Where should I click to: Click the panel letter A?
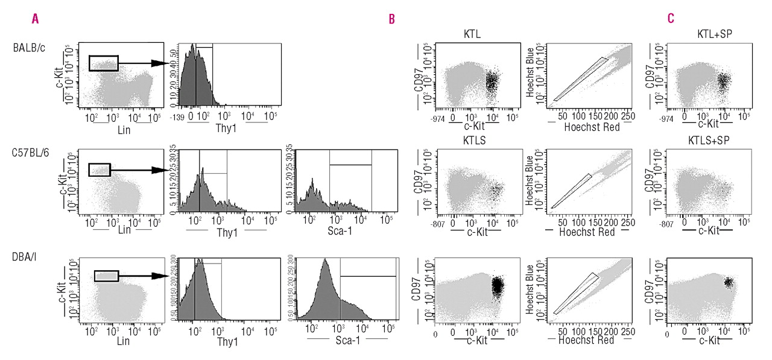pyautogui.click(x=36, y=19)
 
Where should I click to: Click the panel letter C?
pyautogui.click(x=671, y=19)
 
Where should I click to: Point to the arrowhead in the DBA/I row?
pyautogui.click(x=159, y=276)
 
